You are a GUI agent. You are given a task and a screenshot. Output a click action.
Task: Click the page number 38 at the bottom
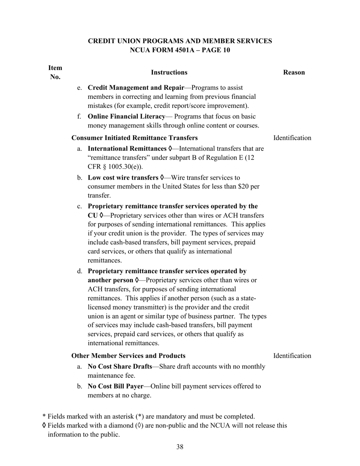180,447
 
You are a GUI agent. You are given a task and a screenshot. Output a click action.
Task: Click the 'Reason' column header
294,72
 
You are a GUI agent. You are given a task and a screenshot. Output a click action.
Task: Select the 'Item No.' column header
55,72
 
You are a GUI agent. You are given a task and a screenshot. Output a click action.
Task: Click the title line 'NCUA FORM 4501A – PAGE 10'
180,50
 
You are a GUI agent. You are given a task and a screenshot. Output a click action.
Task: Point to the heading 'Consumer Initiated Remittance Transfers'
135,138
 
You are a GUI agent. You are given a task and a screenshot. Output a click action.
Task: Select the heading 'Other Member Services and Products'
128,356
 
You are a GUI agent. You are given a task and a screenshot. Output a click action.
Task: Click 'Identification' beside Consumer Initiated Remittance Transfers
292,138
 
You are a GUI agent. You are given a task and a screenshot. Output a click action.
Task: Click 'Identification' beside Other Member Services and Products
292,356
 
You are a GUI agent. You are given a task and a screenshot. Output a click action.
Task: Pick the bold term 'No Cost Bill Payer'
116,386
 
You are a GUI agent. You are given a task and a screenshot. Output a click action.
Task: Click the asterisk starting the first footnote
44,416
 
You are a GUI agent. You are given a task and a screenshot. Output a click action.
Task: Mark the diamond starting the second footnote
44,425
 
